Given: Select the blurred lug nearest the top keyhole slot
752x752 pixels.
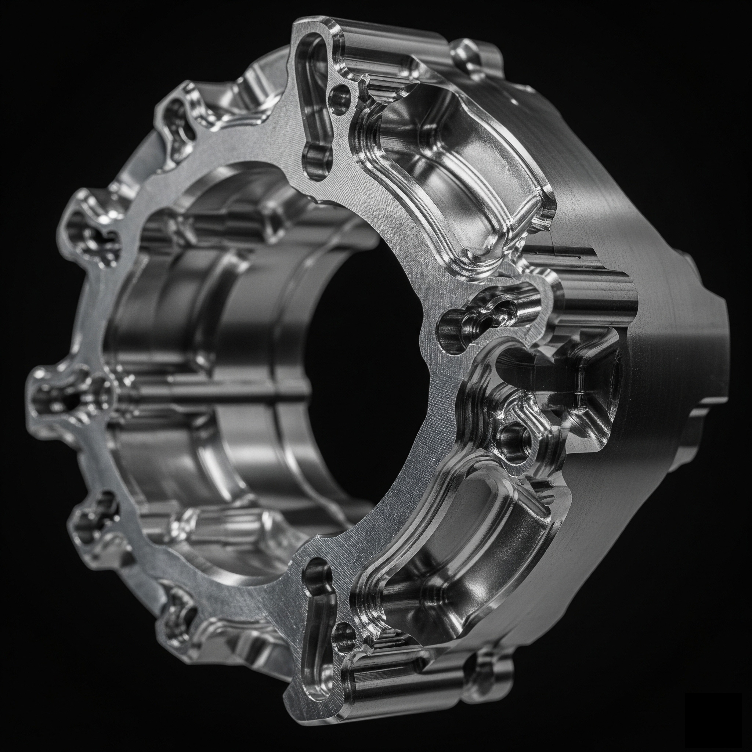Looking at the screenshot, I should (x=179, y=117).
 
